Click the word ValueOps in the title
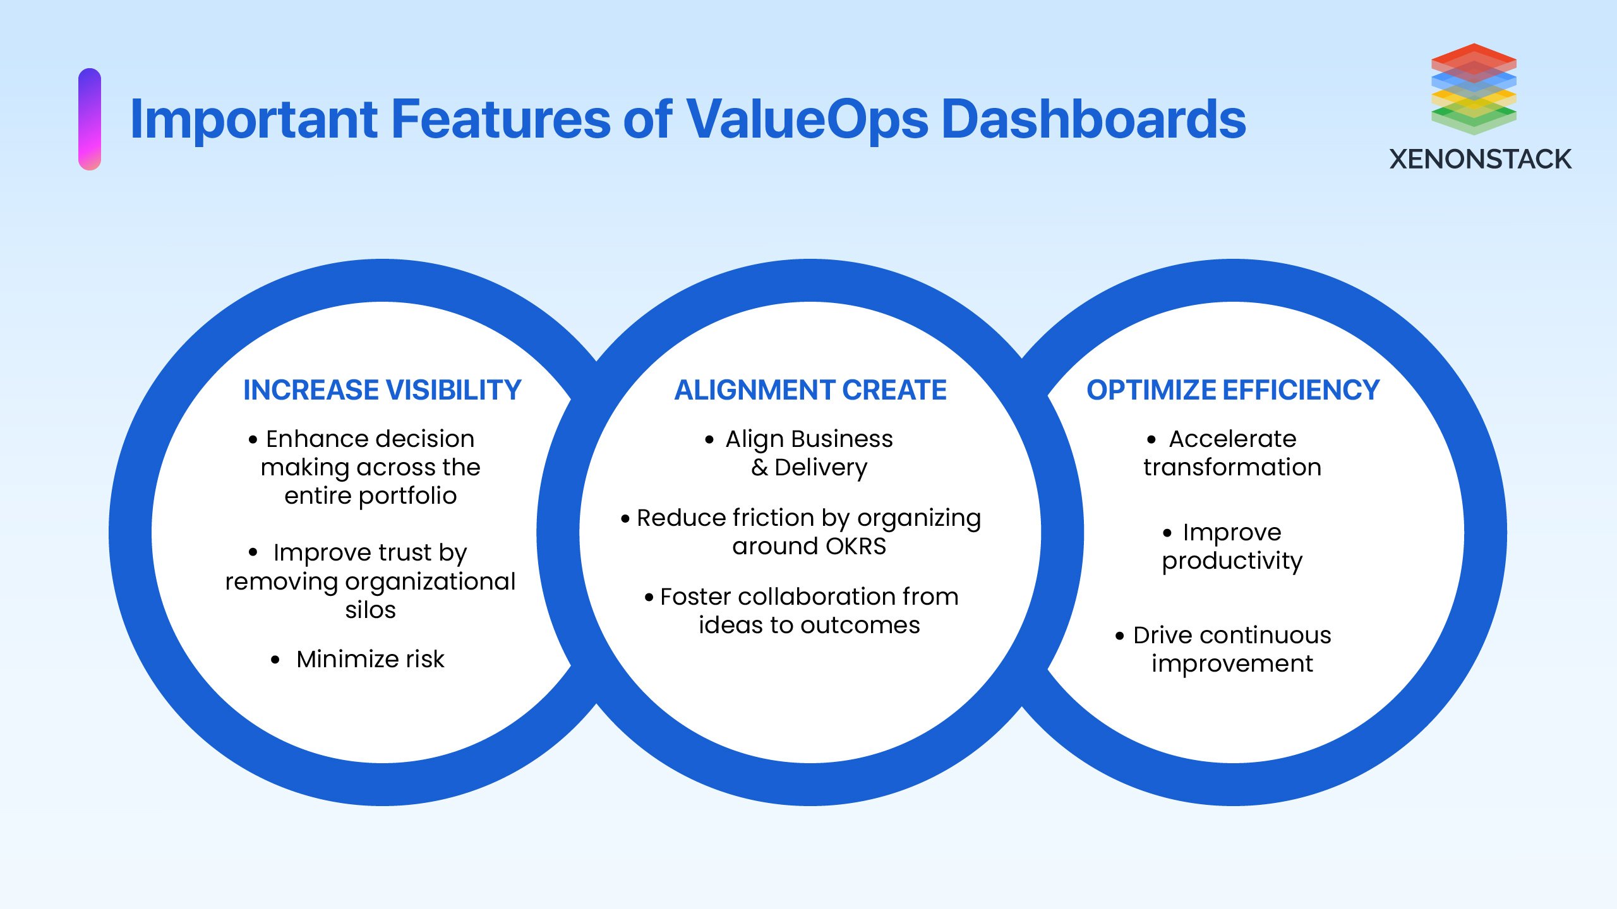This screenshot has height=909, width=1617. pos(807,120)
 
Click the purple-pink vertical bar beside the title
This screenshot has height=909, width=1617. pos(90,119)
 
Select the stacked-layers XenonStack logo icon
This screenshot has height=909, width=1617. pos(1473,89)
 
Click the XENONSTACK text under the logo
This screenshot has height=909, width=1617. pos(1480,160)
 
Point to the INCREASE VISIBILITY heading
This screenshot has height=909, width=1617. pos(382,390)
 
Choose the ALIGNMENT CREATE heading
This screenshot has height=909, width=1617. pos(810,390)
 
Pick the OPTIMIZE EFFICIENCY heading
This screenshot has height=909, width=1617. pos(1232,390)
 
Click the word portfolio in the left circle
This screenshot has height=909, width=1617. pos(407,497)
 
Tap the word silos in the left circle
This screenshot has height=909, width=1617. pos(370,610)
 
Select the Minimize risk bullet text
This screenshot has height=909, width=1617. pos(370,659)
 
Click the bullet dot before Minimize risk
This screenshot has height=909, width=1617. pos(275,660)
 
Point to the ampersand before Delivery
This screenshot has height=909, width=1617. pos(759,468)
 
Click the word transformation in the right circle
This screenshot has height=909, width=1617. pos(1232,468)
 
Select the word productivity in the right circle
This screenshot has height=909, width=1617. pos(1232,561)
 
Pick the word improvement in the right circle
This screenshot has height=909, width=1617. pos(1232,664)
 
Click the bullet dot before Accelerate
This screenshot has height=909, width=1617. pos(1151,440)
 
